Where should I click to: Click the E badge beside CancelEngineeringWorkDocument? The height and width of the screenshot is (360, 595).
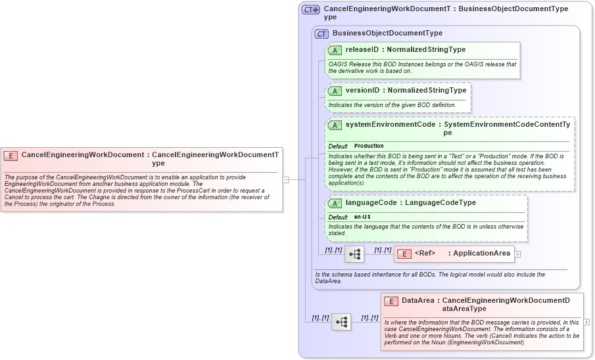point(11,156)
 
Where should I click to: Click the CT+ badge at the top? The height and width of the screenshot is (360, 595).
point(310,10)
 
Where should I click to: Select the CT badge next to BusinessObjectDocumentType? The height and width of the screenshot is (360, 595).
point(321,34)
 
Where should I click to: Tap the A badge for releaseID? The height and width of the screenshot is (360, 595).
point(335,50)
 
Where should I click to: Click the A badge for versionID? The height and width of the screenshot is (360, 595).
point(335,91)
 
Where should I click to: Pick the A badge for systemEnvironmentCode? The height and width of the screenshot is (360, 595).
point(335,125)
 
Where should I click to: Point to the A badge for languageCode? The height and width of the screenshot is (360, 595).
point(335,203)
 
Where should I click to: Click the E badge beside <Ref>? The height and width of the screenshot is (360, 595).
point(404,254)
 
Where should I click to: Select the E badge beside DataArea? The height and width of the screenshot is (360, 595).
point(391,301)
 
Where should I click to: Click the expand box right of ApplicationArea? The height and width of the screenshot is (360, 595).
point(518,254)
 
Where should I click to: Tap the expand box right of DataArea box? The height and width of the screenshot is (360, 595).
point(586,322)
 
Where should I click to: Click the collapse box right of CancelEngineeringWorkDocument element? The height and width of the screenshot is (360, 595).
point(286,179)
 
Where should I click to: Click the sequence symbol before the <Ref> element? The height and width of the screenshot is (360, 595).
point(354,254)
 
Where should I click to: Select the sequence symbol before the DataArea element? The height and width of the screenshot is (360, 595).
point(341,322)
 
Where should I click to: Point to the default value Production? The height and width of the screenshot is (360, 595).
point(369,146)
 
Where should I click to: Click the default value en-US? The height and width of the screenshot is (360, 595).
point(363,217)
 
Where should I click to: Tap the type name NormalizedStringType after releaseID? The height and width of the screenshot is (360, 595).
point(426,49)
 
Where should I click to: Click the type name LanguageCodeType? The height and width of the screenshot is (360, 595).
point(440,202)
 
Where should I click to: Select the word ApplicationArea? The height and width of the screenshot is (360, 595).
point(481,253)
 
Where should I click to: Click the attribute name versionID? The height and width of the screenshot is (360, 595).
point(362,90)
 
